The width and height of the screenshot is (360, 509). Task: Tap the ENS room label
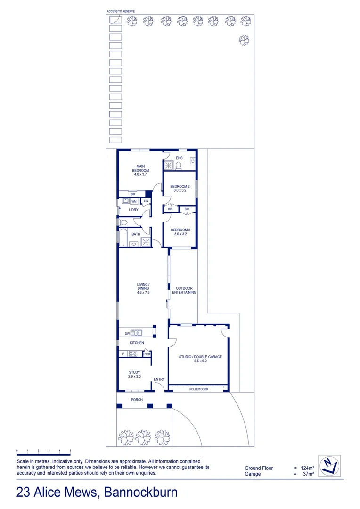click(x=179, y=158)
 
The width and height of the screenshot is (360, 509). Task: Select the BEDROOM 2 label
click(x=180, y=189)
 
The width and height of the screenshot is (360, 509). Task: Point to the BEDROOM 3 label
click(x=180, y=231)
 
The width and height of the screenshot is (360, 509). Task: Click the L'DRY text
click(x=133, y=210)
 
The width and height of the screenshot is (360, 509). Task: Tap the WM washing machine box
click(x=134, y=201)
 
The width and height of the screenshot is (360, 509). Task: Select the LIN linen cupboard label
click(x=146, y=201)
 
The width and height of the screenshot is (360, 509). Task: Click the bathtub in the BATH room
click(x=123, y=238)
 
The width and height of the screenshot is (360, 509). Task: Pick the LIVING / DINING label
click(x=143, y=288)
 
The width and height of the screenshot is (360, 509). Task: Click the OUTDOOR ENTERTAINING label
click(x=186, y=290)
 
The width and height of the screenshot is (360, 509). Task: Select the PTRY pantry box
click(x=147, y=354)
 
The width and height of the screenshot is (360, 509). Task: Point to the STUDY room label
click(x=135, y=374)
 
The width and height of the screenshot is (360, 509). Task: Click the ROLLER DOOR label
click(x=198, y=389)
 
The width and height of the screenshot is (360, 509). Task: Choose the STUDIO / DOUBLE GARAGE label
click(x=200, y=359)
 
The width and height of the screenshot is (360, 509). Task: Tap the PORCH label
click(x=137, y=400)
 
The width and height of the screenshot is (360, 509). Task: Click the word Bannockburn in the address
click(x=141, y=493)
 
